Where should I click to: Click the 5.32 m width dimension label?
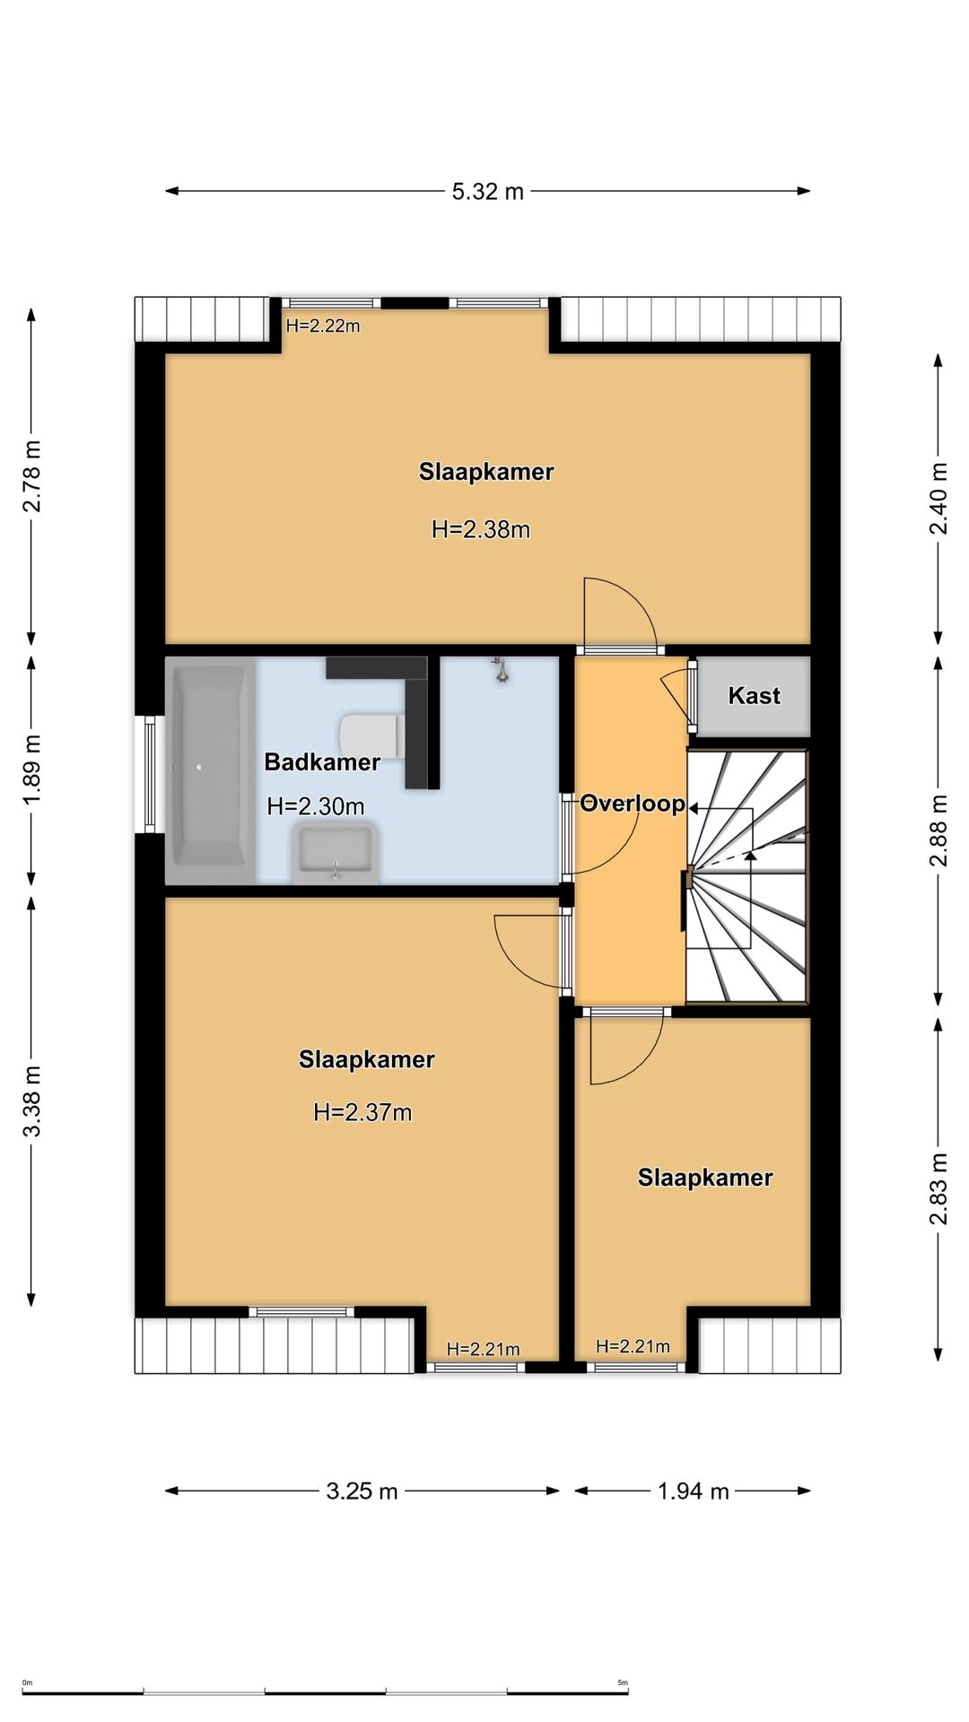point(487,191)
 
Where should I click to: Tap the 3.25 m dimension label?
point(362,1491)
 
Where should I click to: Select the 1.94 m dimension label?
point(693,1491)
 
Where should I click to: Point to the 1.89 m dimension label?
point(32,770)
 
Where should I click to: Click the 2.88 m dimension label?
point(938,831)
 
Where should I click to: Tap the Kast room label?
point(754,696)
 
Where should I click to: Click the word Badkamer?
point(322,762)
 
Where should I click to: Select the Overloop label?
point(633,804)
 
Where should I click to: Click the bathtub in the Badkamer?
point(210,769)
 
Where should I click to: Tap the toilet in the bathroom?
point(370,735)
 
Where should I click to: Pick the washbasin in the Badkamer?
point(335,853)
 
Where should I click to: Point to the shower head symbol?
point(502,669)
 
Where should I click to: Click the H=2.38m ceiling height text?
point(481,530)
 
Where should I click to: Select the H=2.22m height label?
point(323,326)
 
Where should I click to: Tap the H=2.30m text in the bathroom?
point(316,806)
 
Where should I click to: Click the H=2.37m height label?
point(362,1113)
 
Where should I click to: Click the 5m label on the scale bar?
point(623,1683)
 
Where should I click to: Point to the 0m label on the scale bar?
point(27,1683)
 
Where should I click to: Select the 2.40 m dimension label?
point(938,499)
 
